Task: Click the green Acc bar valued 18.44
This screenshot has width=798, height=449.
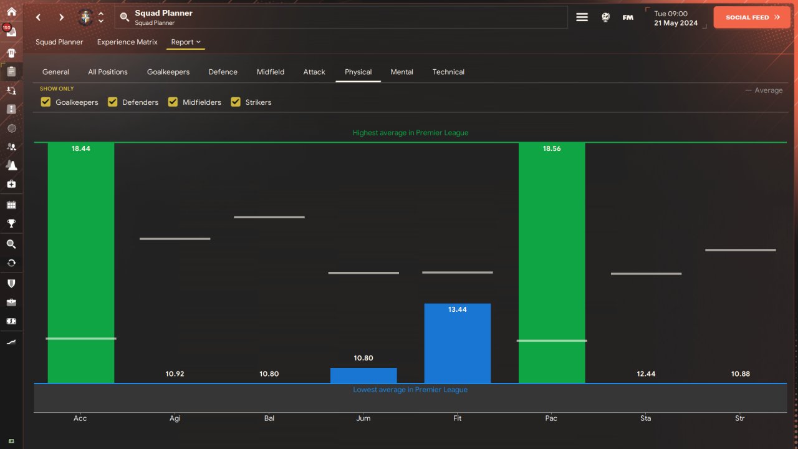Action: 81,263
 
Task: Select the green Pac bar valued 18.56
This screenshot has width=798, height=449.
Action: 552,263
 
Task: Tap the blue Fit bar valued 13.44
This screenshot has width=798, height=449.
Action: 458,344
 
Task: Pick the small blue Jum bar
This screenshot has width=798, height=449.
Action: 363,375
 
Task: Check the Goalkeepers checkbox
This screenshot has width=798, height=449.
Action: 46,102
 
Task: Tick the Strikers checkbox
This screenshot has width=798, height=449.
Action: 236,102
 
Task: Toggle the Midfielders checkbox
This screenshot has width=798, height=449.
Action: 173,102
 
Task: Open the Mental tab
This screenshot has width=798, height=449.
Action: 402,72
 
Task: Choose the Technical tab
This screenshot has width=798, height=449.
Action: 448,72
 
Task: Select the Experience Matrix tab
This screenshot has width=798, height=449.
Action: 127,42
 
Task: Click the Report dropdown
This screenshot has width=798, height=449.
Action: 186,42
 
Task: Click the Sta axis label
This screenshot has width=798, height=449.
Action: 645,418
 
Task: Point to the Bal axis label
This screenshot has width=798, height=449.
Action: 269,418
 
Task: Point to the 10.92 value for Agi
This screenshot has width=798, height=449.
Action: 175,374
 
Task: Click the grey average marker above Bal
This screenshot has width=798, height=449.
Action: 269,217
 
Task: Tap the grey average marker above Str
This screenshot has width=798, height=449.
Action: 740,250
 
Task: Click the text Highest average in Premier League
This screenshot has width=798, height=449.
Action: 410,133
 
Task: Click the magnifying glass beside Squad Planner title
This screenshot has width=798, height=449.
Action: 124,17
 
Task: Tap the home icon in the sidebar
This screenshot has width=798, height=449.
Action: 11,11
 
